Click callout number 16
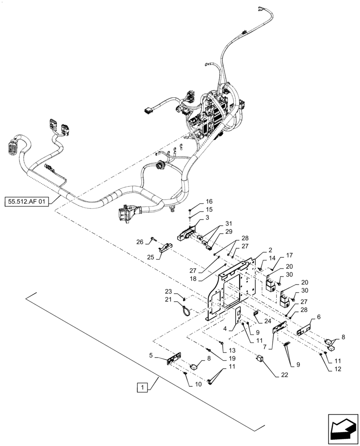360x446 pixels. point(196,202)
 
